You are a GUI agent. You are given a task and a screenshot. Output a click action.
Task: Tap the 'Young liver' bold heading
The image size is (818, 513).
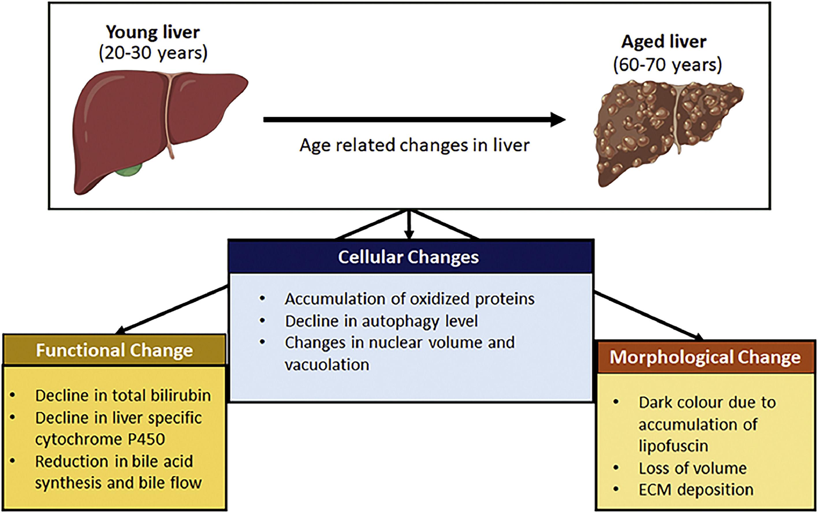tap(153, 32)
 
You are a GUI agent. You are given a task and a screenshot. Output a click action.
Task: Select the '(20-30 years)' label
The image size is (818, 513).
tap(153, 53)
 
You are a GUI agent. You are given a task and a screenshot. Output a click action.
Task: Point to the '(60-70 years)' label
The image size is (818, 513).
tap(667, 64)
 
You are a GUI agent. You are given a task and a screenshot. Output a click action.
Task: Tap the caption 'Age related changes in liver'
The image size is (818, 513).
tap(414, 145)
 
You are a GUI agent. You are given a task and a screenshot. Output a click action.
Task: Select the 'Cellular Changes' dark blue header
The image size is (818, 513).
tap(409, 257)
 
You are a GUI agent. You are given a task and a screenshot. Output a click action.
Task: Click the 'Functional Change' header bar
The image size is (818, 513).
tap(114, 350)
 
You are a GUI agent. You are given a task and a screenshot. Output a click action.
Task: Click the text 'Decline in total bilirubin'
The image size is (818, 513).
tap(123, 396)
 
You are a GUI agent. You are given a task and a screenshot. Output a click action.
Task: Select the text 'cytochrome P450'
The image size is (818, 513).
tap(100, 439)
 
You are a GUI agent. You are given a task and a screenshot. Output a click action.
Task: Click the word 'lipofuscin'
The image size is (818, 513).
tap(673, 445)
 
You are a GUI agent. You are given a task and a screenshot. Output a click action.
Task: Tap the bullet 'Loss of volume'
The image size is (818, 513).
tap(692, 468)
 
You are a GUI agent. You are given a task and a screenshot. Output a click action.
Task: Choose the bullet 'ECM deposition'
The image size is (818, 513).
tap(696, 490)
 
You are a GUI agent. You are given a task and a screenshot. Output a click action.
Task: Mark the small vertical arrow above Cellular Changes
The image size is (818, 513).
tap(409, 226)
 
